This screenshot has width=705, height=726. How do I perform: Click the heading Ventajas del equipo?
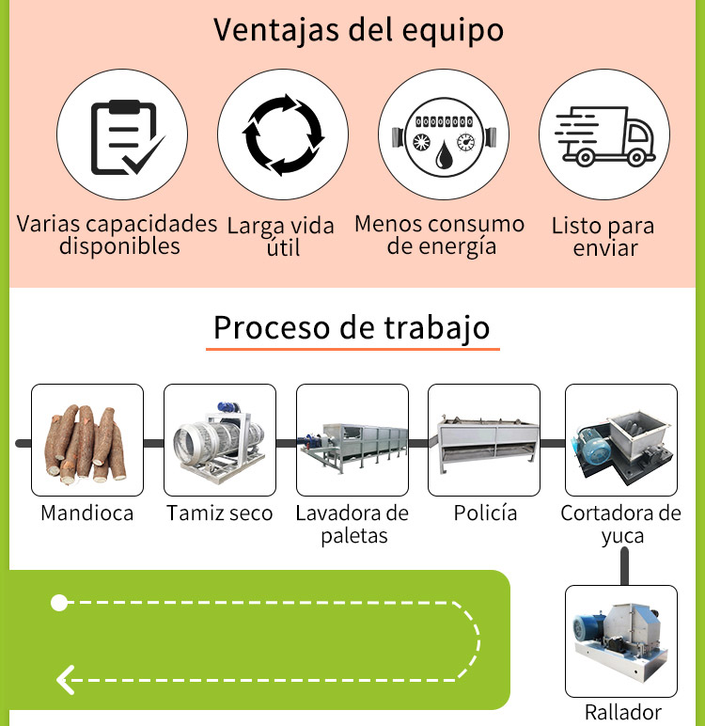pos(358,30)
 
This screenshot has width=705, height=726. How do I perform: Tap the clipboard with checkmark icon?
pos(127,137)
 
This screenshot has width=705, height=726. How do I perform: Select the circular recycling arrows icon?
pos(283,134)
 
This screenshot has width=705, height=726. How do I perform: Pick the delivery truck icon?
pos(604,136)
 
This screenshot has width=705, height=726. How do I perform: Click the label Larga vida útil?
pos(281,237)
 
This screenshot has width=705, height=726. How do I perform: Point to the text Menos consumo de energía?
pos(440,235)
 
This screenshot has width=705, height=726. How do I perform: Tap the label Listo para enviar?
pos(603,237)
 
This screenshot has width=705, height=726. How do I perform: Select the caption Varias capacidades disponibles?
pos(117,235)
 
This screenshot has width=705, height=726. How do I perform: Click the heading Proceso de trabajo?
pos(352,328)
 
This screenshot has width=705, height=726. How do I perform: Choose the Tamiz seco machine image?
pos(219,442)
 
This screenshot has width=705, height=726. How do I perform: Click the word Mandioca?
pos(87,513)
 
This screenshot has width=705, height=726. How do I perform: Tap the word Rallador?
pos(623,712)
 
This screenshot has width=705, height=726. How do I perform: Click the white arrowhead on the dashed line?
pos(66,680)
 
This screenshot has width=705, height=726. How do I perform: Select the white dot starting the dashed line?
pos(59,603)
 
